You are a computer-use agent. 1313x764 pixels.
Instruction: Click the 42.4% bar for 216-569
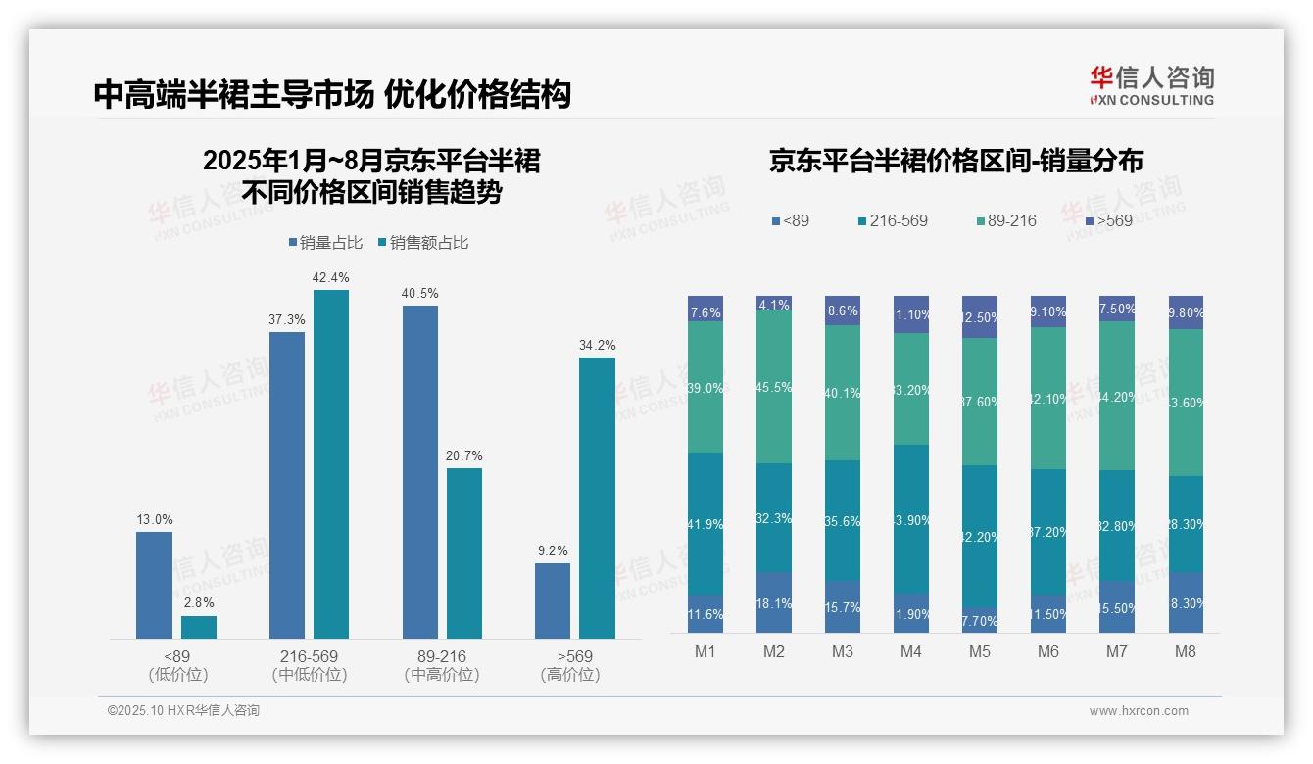tap(331, 464)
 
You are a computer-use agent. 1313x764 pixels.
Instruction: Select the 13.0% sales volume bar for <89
tap(154, 585)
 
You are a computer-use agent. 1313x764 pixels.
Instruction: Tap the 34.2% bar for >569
tap(597, 498)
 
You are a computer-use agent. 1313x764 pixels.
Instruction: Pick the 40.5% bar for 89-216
tap(420, 472)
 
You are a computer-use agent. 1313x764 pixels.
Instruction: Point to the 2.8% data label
tap(198, 602)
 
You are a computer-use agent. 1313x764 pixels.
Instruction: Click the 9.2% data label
tap(553, 550)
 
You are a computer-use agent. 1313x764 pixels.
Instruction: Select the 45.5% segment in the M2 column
tap(774, 387)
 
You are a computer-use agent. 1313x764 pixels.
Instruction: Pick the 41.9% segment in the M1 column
tap(705, 523)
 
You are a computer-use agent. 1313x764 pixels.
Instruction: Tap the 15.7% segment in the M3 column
tap(843, 606)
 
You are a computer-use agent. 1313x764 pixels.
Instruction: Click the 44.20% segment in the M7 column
tap(1117, 396)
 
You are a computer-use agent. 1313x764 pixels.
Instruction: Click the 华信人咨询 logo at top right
tap(1151, 85)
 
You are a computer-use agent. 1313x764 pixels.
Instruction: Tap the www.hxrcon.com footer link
tap(1139, 711)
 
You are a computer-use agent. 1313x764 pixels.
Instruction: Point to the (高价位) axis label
tap(569, 675)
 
